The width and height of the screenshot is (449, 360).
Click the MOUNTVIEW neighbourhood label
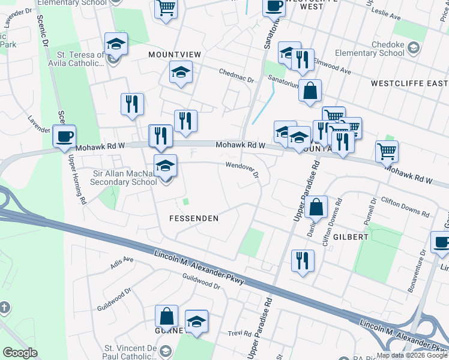[175, 55]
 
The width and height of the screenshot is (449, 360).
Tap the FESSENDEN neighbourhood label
[193, 218]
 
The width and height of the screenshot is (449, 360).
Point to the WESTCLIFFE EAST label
[409, 83]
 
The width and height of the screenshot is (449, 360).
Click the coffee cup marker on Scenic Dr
[64, 136]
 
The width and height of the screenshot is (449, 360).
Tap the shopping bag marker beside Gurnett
[166, 316]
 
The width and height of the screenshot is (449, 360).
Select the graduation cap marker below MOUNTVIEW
[180, 73]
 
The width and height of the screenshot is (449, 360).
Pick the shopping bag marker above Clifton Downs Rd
[316, 208]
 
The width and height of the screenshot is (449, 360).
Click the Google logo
[20, 353]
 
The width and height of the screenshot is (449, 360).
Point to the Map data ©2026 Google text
[411, 356]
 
